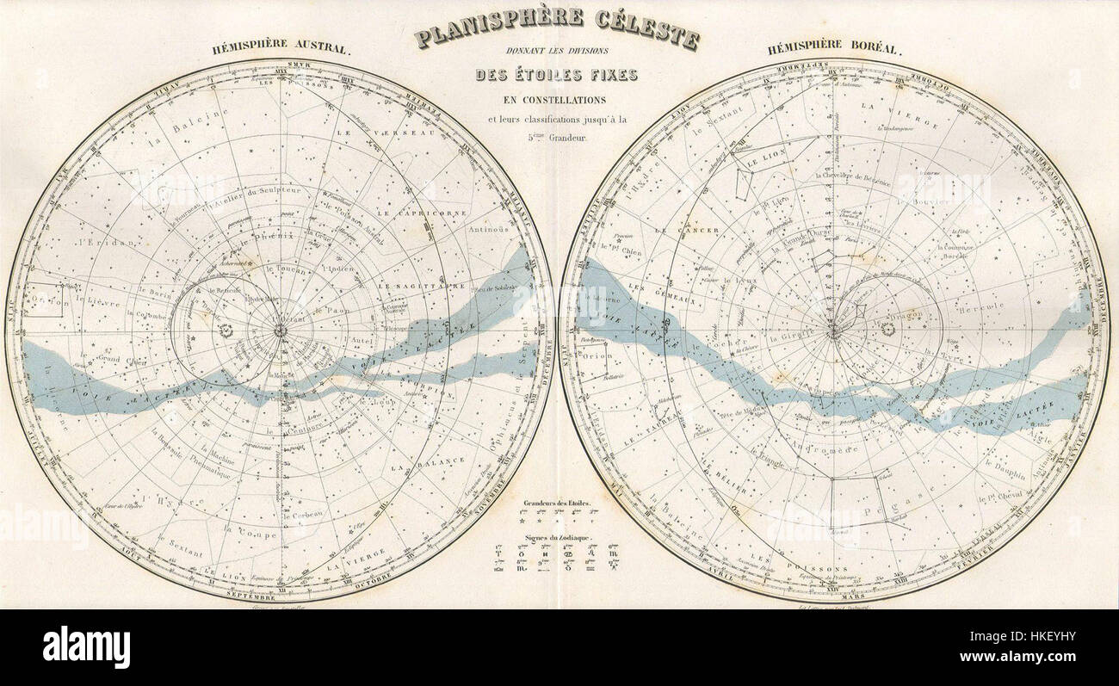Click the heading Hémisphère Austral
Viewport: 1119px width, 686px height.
(281, 49)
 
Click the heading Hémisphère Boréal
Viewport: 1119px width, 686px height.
(834, 49)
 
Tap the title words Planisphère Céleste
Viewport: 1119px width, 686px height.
(556, 28)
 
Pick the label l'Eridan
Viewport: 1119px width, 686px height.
(95, 243)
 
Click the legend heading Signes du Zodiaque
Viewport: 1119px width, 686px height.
(556, 537)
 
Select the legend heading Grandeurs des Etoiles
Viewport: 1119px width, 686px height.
(556, 501)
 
